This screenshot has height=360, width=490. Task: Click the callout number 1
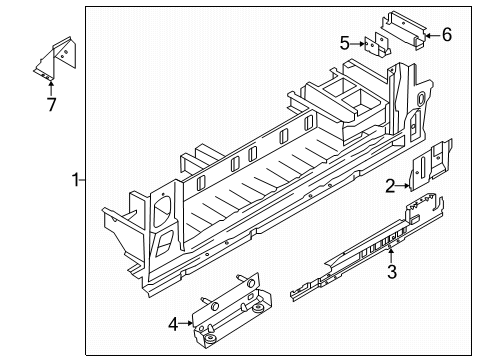click(74, 180)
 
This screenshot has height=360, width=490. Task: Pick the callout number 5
click(345, 43)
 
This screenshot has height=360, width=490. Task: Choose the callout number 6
click(446, 35)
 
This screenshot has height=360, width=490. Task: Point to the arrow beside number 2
click(405, 183)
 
